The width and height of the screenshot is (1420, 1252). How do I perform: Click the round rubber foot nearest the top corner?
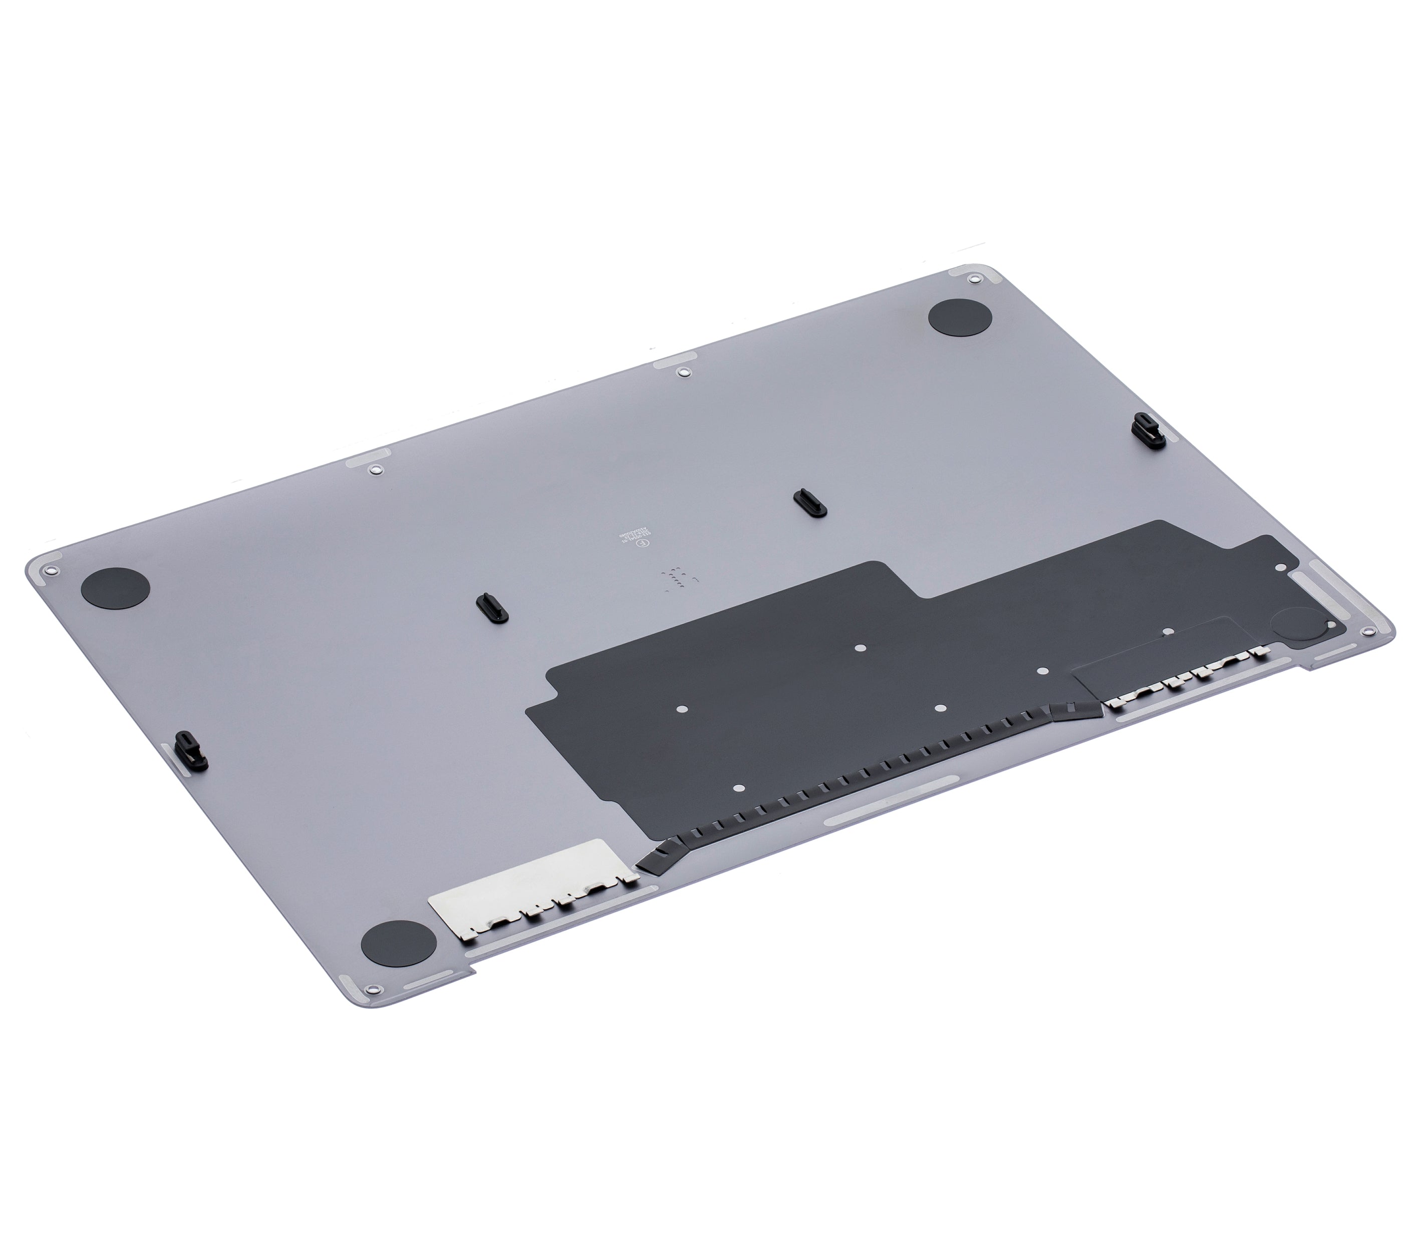pos(960,319)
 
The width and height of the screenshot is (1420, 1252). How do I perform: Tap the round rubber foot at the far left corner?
pos(115,588)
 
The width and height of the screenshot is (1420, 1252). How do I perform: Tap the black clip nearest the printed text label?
pos(808,503)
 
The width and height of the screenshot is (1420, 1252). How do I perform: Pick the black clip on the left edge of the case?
pos(190,750)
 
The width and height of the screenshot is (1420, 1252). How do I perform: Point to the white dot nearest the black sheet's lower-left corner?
pos(738,789)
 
